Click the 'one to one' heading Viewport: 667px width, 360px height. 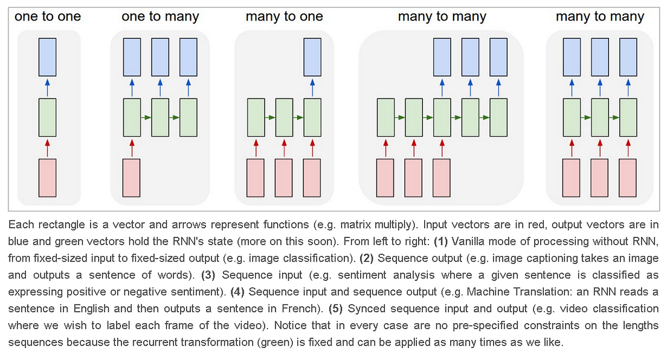click(48, 17)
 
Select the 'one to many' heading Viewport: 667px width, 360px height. click(159, 17)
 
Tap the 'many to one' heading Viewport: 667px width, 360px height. click(284, 17)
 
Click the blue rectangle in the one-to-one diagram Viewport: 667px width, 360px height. click(48, 57)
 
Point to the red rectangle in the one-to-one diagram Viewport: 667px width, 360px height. click(48, 178)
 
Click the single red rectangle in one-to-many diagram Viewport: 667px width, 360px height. click(132, 178)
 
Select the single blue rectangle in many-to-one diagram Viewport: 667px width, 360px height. click(312, 57)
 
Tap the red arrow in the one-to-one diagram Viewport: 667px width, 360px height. click(48, 147)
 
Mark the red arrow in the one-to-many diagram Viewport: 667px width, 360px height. click(132, 147)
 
